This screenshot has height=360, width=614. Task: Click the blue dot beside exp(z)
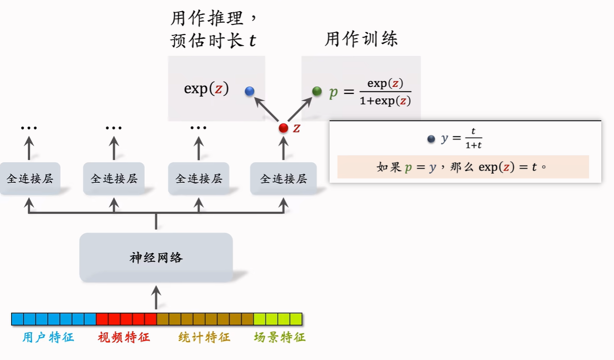(249, 91)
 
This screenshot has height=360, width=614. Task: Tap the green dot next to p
(317, 91)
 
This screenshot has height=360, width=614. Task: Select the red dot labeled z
(283, 128)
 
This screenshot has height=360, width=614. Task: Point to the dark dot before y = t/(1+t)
(431, 139)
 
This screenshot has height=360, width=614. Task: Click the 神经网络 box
(156, 257)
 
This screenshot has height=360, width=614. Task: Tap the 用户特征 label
(48, 337)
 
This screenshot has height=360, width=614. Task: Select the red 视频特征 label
(124, 337)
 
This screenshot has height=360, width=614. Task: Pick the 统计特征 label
(204, 337)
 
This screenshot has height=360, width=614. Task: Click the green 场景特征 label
(280, 337)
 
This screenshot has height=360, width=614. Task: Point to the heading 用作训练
(361, 39)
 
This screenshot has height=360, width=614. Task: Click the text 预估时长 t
(213, 41)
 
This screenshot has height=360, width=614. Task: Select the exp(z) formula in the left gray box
(206, 89)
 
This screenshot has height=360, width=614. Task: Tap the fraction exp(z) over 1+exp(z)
(385, 92)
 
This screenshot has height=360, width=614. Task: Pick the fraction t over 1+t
(473, 138)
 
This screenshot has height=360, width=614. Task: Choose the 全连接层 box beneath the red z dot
(283, 178)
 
